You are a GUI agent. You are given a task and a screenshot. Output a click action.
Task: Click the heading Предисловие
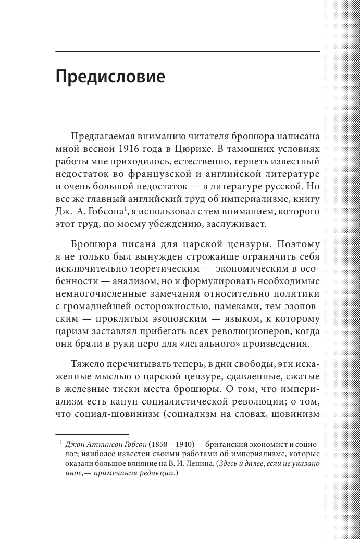[110, 77]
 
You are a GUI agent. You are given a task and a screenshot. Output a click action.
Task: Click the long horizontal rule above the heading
[188, 52]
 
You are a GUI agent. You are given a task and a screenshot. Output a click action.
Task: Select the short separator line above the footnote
[92, 434]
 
